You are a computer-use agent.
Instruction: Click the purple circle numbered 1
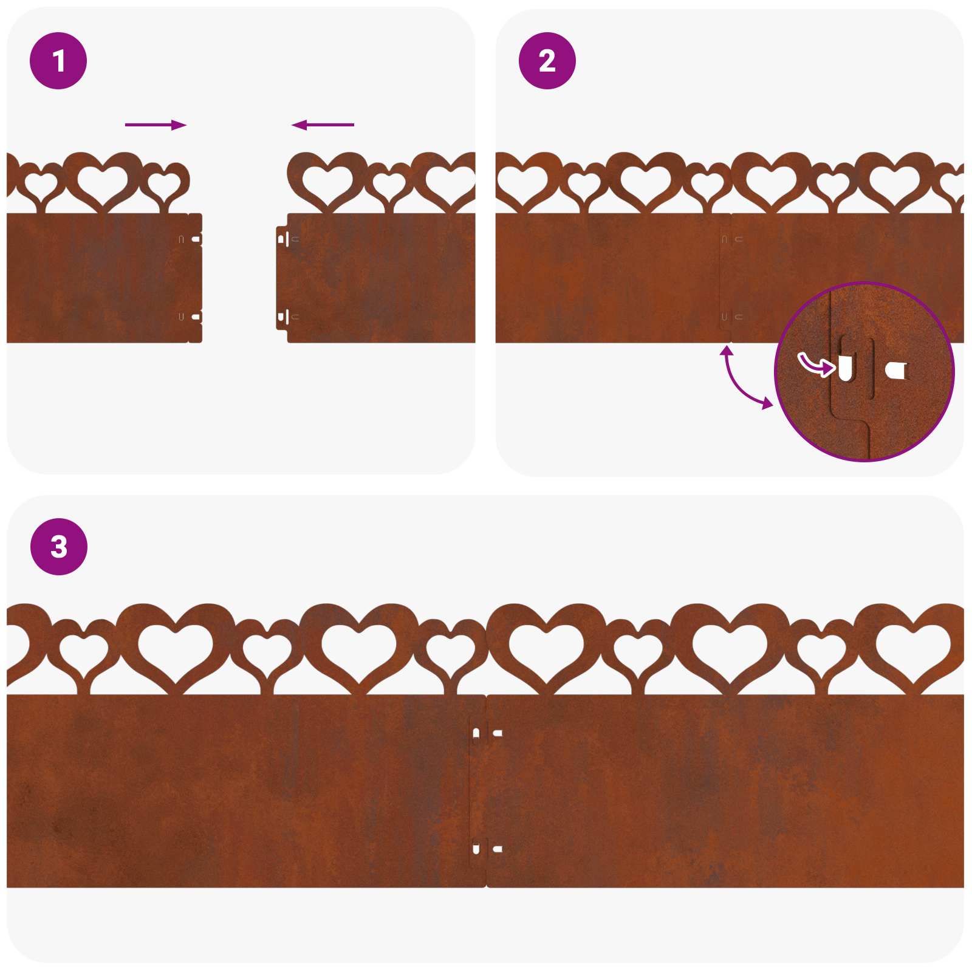pyautogui.click(x=58, y=61)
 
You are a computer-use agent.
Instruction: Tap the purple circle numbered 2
pyautogui.click(x=547, y=61)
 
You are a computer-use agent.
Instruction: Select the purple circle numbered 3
pyautogui.click(x=59, y=546)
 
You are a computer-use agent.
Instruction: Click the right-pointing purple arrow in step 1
pyautogui.click(x=156, y=125)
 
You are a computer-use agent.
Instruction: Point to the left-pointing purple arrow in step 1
pyautogui.click(x=323, y=125)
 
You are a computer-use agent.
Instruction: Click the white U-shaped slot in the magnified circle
pyautogui.click(x=845, y=369)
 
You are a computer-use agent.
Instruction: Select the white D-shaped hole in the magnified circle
pyautogui.click(x=896, y=370)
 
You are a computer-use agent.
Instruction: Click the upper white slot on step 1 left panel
pyautogui.click(x=196, y=239)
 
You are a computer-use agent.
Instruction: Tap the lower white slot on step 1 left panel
pyautogui.click(x=196, y=317)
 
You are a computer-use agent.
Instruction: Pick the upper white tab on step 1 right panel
pyautogui.click(x=281, y=239)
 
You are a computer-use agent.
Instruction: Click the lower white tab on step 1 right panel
pyautogui.click(x=281, y=316)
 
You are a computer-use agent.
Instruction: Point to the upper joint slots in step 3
pyautogui.click(x=486, y=733)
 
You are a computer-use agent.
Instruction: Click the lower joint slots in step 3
pyautogui.click(x=486, y=849)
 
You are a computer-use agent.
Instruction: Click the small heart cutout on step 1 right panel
pyautogui.click(x=389, y=184)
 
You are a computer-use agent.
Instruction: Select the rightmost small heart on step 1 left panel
pyautogui.click(x=165, y=184)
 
